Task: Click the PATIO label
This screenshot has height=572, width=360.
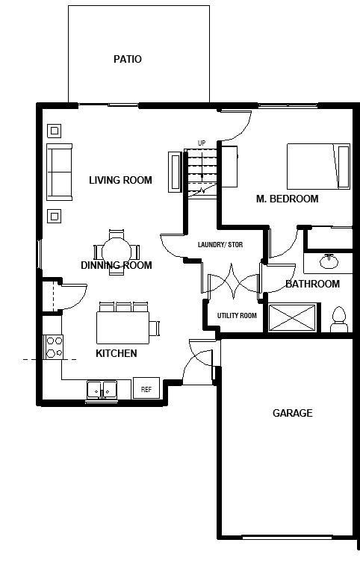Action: pos(127,59)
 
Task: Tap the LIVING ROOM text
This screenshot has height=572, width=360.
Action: pos(120,180)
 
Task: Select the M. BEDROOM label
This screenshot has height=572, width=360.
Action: pos(287,199)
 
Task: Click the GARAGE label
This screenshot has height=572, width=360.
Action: pos(292,413)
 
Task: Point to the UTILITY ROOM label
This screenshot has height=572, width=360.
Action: pos(237,316)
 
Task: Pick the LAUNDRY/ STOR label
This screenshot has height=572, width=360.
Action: pos(230,245)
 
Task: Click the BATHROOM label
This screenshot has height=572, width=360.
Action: pos(312,284)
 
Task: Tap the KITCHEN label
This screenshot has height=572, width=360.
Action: pos(116,353)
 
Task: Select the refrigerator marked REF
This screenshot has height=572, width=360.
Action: pos(146,389)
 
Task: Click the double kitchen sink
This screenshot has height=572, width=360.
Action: pos(102,389)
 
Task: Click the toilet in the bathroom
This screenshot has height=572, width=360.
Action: pos(338,319)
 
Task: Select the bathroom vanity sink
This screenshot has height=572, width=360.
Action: pos(328,262)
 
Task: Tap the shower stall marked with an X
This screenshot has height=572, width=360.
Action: pos(293,318)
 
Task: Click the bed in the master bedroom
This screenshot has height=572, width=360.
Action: pos(318,166)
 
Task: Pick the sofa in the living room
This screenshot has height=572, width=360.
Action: pos(59,172)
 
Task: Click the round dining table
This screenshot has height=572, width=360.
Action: pos(117,249)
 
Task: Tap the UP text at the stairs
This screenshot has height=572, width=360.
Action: pos(202,143)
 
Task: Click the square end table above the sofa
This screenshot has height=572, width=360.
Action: pos(54,131)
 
